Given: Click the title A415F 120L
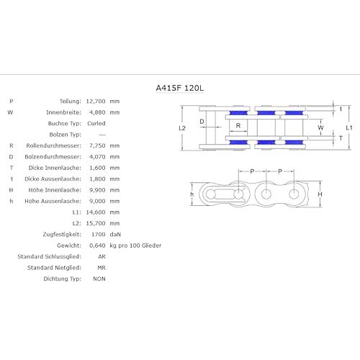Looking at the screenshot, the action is [x=180, y=88].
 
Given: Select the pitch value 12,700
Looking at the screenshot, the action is [x=96, y=102].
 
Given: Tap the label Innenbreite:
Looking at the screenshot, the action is [x=63, y=112].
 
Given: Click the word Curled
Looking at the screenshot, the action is [x=96, y=123].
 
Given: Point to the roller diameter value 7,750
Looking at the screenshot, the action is [x=97, y=145].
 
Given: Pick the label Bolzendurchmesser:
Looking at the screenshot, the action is [x=53, y=157].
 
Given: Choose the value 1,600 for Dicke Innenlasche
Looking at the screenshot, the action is [x=97, y=168].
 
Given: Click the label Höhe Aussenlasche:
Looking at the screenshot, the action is [x=53, y=201].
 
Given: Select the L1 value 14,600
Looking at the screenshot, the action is [x=96, y=212].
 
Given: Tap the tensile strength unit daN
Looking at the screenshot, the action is [x=115, y=234].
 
